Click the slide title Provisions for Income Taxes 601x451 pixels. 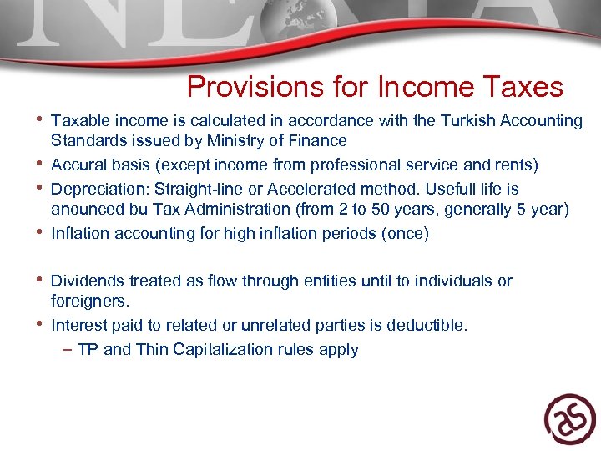point(375,87)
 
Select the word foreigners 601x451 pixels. point(90,300)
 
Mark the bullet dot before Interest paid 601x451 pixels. point(39,323)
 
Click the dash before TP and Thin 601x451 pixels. point(67,349)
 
